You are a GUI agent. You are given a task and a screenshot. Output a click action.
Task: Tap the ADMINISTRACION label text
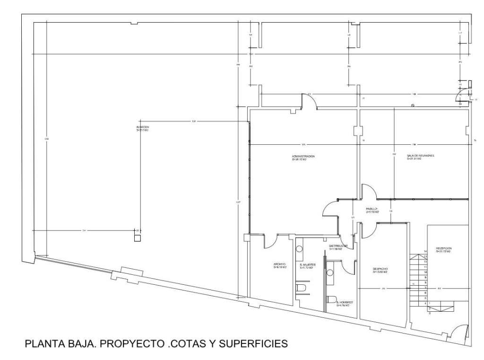click(x=303, y=156)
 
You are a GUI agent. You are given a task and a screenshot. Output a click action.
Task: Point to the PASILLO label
click(x=371, y=209)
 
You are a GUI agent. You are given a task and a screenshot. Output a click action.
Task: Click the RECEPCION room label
click(x=444, y=248)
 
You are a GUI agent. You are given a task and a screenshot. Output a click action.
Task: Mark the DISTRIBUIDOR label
click(x=338, y=246)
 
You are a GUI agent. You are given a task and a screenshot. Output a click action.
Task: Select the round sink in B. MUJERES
click(x=299, y=248)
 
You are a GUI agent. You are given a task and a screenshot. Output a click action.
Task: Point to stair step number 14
click(x=425, y=252)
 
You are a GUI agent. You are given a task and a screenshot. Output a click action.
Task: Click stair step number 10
click(x=425, y=272)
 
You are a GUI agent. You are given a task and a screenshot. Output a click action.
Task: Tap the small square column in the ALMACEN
click(x=137, y=238)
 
